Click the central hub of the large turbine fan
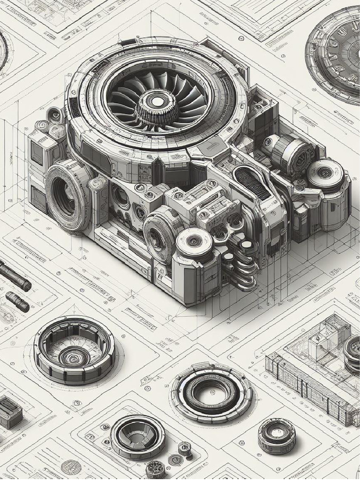point(158,101)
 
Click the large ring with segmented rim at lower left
point(74,350)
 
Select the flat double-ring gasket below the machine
point(211,392)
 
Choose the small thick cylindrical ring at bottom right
point(277,435)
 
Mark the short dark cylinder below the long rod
point(17,301)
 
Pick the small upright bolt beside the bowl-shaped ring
point(185,449)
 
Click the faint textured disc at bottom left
point(71,467)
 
